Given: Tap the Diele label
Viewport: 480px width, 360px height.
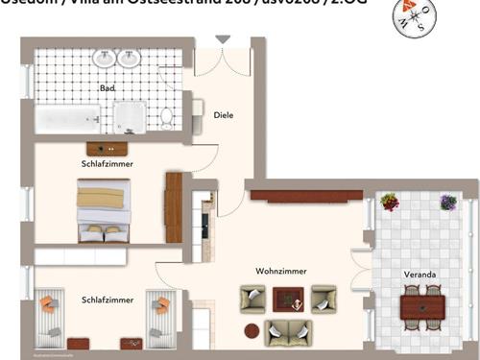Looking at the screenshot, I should tap(224, 115).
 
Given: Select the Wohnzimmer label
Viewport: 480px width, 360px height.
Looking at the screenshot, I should tap(281, 271).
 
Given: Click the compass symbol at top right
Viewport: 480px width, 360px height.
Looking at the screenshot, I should tap(416, 15).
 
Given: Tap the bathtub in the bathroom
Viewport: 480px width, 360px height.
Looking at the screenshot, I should tap(67, 119).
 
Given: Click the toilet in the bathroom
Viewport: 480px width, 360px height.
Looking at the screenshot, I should tap(167, 117).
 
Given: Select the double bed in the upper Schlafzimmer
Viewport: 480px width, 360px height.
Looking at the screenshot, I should tap(102, 214).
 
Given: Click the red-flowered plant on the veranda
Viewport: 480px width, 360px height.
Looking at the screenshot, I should tap(390, 202).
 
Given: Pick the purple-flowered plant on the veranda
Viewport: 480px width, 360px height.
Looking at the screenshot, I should tap(447, 202).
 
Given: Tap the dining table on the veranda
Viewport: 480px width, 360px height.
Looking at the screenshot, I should tap(422, 307).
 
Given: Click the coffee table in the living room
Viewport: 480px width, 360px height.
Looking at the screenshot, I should tap(287, 300).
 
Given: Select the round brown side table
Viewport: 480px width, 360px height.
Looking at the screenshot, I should tap(252, 331).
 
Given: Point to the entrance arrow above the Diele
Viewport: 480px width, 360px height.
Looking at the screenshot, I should tap(223, 39).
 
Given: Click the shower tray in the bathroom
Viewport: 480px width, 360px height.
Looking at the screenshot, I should tap(131, 117).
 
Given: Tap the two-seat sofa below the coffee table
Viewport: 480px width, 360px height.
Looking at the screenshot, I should tap(288, 332).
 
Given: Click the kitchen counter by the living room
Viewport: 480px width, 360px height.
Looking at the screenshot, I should tap(204, 227).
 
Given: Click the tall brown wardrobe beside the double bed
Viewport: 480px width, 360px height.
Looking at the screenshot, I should tap(174, 207).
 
